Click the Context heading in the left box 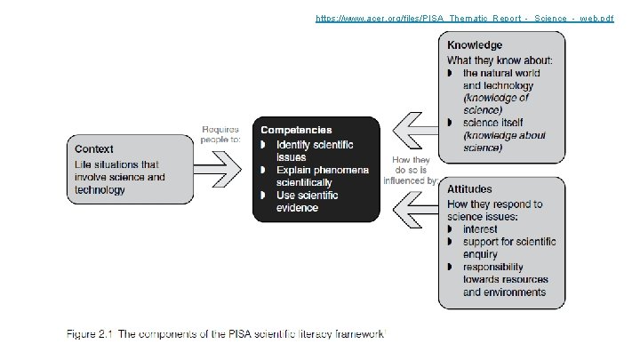[94, 148]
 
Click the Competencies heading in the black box [296, 130]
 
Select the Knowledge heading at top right [475, 45]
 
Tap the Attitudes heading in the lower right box [470, 189]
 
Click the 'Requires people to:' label [220, 134]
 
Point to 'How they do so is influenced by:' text [410, 171]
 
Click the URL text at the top [464, 18]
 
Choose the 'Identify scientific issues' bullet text [314, 150]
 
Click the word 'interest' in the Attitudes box [481, 229]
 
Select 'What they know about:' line [500, 60]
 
